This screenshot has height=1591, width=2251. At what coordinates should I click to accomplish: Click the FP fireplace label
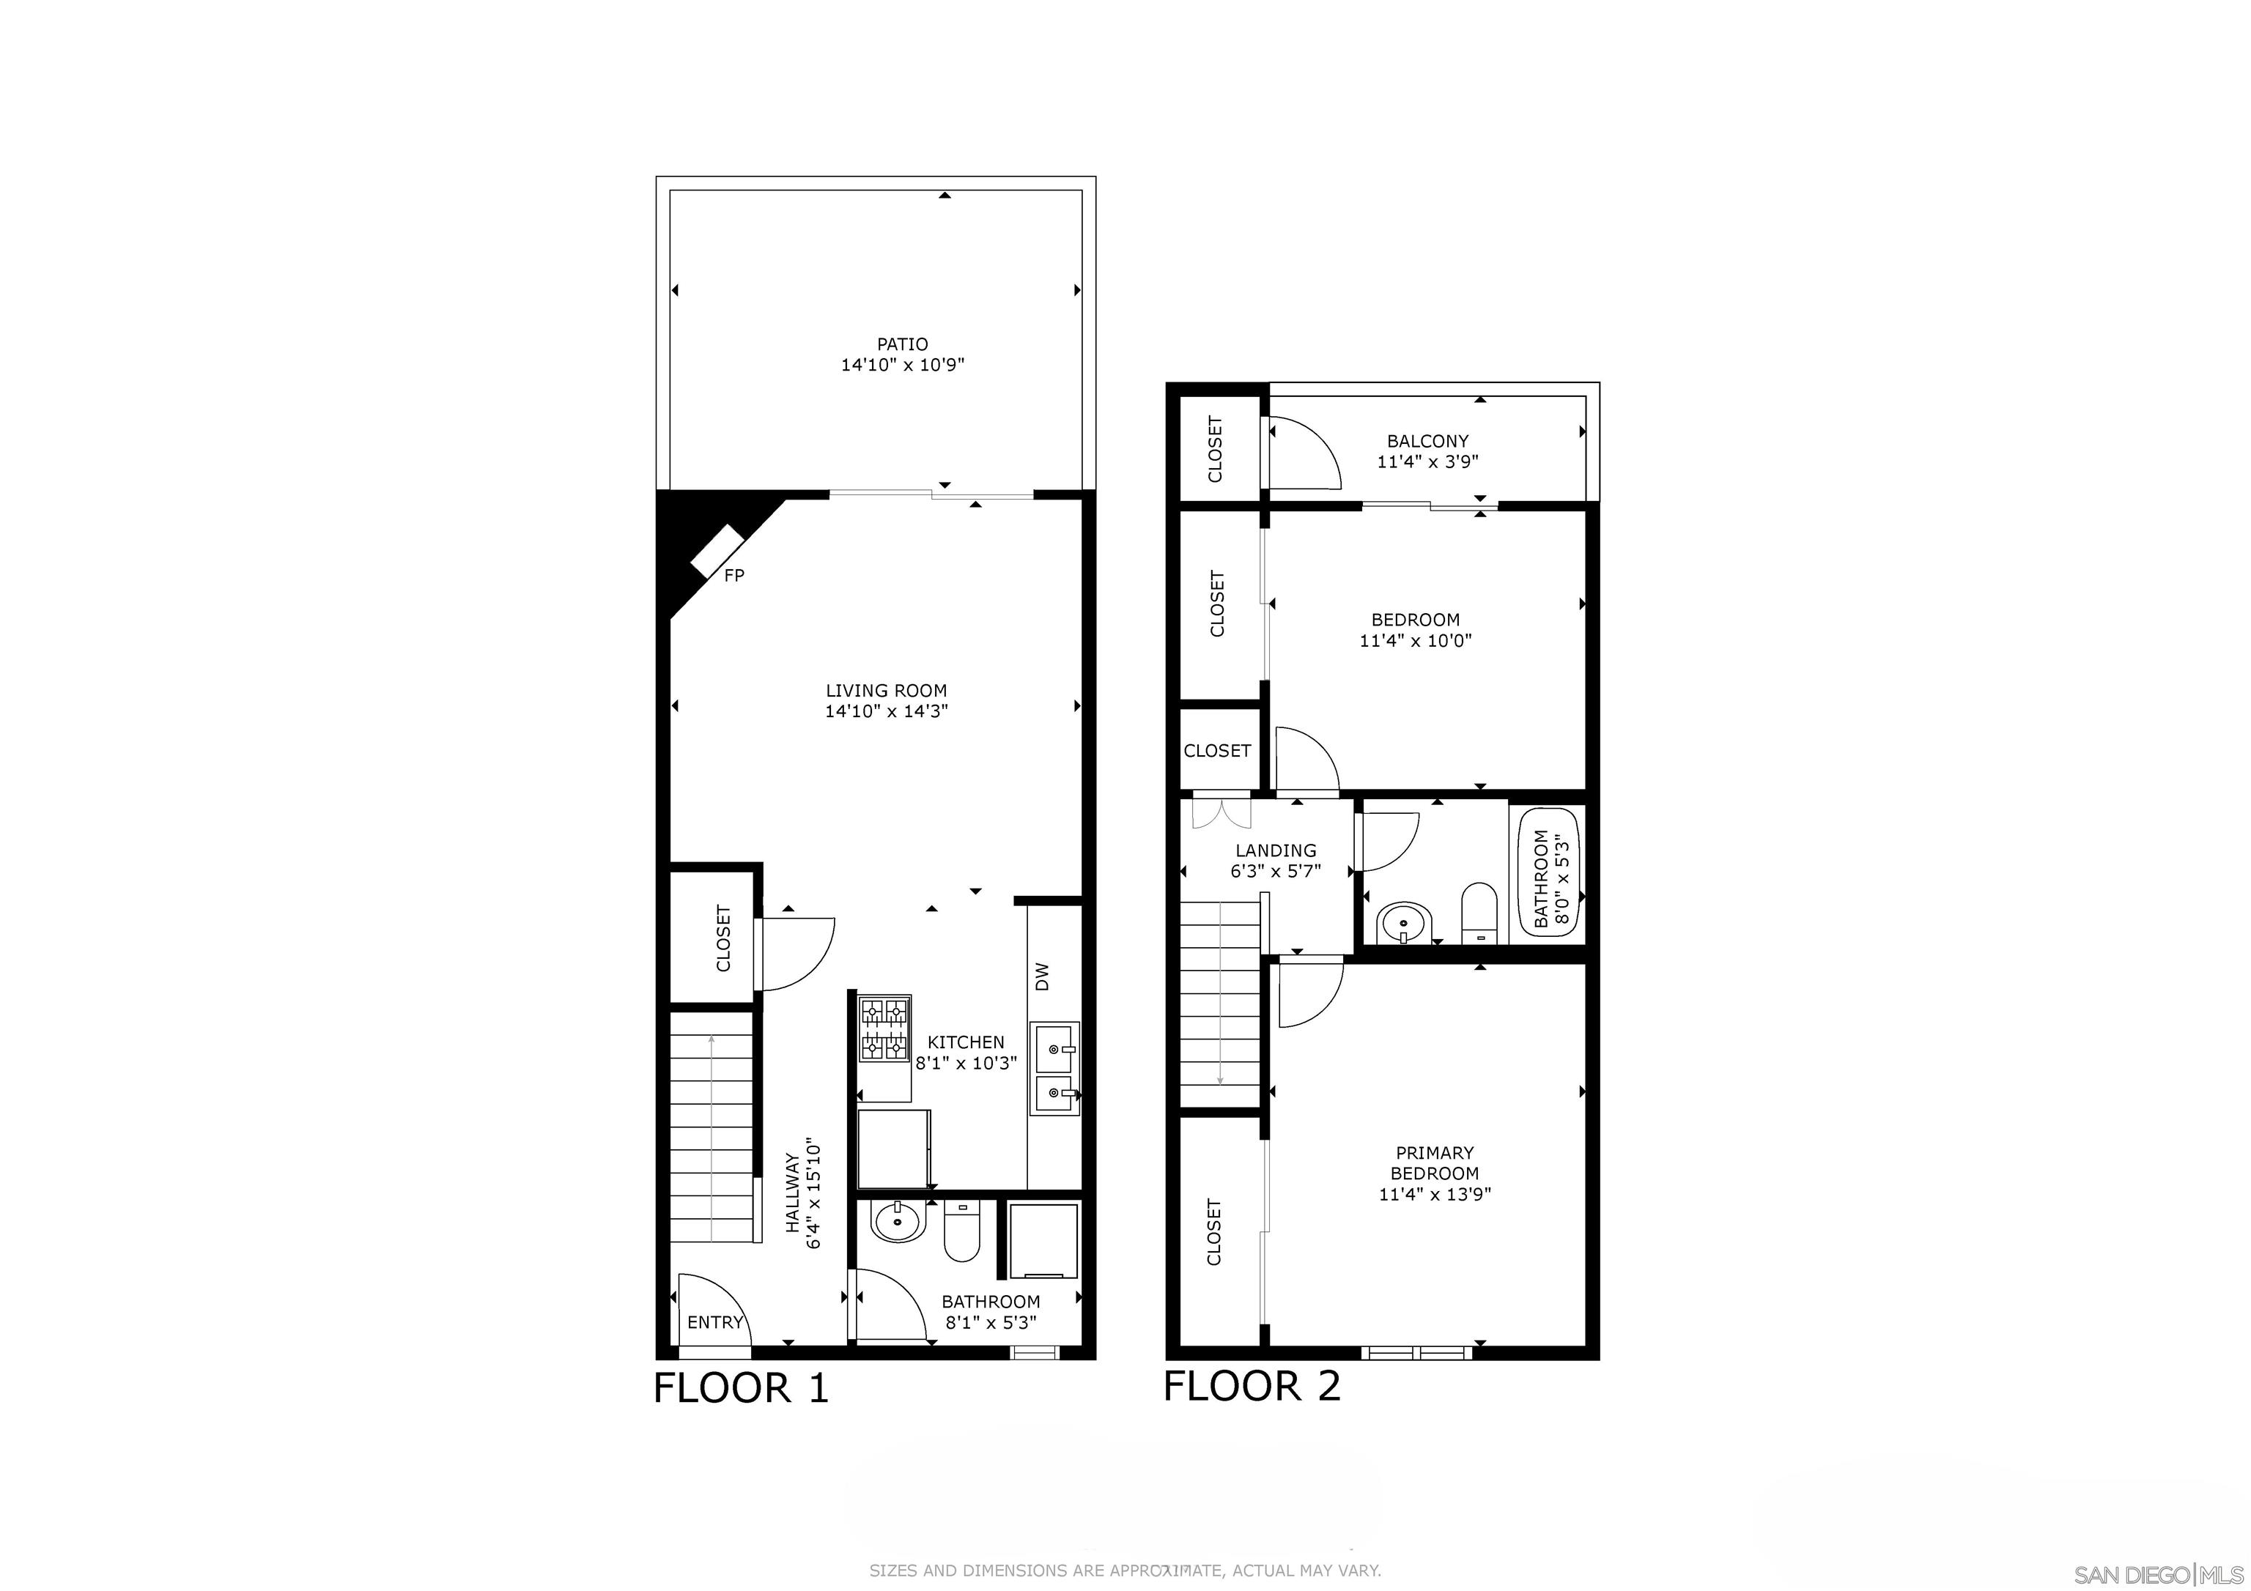[733, 576]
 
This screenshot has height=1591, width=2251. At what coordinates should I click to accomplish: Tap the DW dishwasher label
[1042, 976]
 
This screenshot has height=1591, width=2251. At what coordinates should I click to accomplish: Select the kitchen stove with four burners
[884, 1029]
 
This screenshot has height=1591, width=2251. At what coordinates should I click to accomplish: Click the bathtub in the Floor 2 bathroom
[1549, 873]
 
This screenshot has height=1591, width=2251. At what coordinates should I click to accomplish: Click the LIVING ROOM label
[887, 690]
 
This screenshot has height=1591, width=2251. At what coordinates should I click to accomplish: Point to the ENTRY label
[714, 1322]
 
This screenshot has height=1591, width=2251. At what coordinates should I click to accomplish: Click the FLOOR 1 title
[742, 1388]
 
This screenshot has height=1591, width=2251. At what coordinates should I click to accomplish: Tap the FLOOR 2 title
[1252, 1386]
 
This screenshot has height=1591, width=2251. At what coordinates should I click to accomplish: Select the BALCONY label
[1427, 441]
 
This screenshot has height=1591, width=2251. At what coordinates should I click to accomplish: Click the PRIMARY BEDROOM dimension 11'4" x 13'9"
[1434, 1194]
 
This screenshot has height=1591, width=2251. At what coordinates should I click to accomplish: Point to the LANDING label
[1276, 850]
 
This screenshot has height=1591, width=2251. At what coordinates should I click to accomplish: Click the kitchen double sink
[1055, 1069]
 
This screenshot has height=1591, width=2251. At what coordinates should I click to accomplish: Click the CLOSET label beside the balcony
[1216, 449]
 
